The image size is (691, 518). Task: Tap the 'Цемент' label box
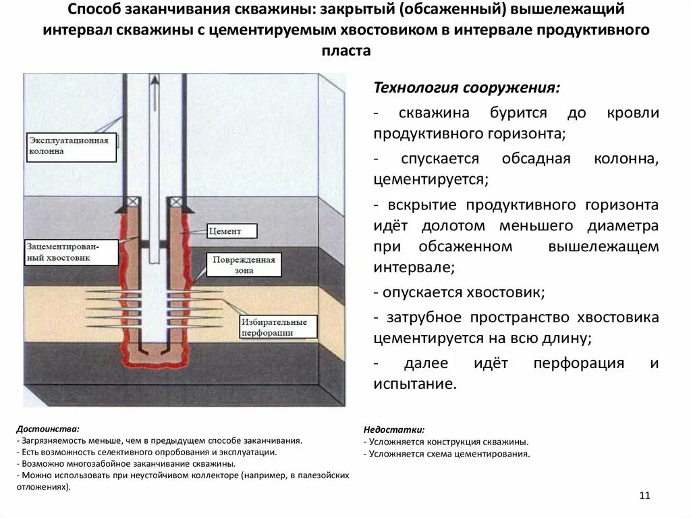(233, 231)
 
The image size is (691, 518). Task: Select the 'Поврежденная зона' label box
(243, 265)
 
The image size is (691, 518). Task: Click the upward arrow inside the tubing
(154, 84)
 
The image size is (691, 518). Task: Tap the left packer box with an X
(131, 201)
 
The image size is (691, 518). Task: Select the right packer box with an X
(176, 201)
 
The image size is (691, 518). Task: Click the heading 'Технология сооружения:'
(466, 89)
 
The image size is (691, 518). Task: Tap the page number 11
(643, 496)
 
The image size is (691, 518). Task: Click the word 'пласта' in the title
(345, 51)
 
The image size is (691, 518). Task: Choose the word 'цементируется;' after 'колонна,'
(430, 180)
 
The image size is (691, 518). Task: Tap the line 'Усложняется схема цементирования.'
(449, 454)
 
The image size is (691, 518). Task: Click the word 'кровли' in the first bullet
(632, 113)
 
